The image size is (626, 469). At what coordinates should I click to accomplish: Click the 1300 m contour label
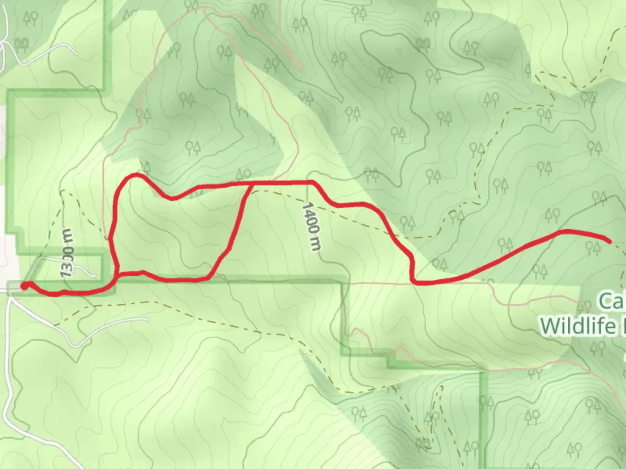(67, 253)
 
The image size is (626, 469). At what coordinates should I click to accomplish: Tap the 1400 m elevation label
(312, 226)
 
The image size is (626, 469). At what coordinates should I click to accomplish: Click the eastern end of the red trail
(610, 241)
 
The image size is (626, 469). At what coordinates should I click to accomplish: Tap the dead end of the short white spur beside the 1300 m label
(94, 275)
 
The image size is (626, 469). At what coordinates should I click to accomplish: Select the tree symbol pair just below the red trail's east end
(593, 248)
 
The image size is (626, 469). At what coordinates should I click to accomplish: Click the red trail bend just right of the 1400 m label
(331, 202)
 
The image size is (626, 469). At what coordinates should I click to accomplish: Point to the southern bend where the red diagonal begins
(211, 276)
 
